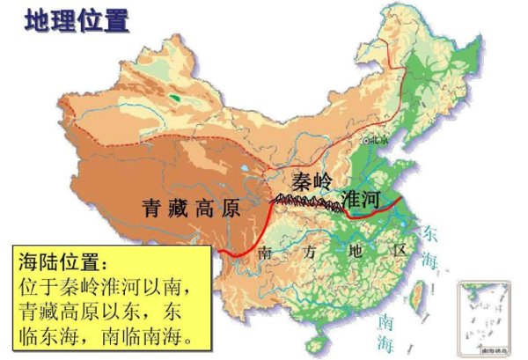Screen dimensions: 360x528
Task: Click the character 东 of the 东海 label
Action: pyautogui.click(x=429, y=235)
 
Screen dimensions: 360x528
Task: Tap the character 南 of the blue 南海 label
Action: pyautogui.click(x=382, y=320)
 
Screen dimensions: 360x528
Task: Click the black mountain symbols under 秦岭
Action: pyautogui.click(x=308, y=204)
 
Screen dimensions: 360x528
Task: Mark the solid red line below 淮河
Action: pyautogui.click(x=373, y=210)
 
